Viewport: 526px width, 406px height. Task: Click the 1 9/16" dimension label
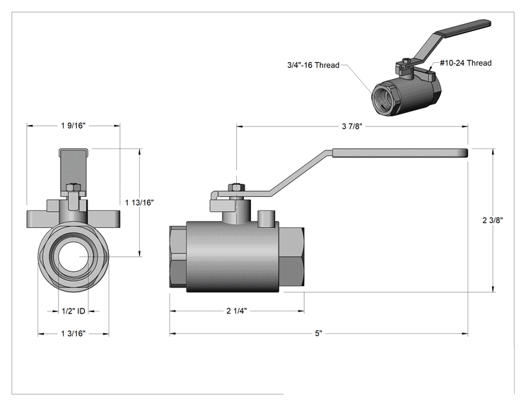coord(73,126)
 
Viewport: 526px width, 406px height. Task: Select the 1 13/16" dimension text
coord(139,203)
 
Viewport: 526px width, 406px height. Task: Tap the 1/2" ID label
coord(73,311)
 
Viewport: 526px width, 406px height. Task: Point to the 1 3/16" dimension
coord(73,334)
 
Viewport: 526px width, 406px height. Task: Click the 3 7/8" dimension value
coord(352,126)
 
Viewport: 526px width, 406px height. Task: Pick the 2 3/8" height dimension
coord(493,220)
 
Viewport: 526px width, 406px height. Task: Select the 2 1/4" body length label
coord(237,311)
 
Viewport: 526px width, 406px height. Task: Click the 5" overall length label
coord(318,334)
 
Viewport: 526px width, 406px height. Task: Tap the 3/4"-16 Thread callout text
coord(313,65)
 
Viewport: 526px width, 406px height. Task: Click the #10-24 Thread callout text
coord(466,63)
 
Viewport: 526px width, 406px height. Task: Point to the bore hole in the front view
coord(73,256)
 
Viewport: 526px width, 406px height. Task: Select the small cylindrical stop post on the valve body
coord(267,219)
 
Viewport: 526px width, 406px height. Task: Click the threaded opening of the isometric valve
coord(384,98)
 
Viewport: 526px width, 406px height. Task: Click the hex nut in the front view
coord(73,187)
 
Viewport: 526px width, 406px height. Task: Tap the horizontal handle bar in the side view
coord(400,153)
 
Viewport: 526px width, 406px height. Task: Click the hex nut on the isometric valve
coord(405,61)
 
